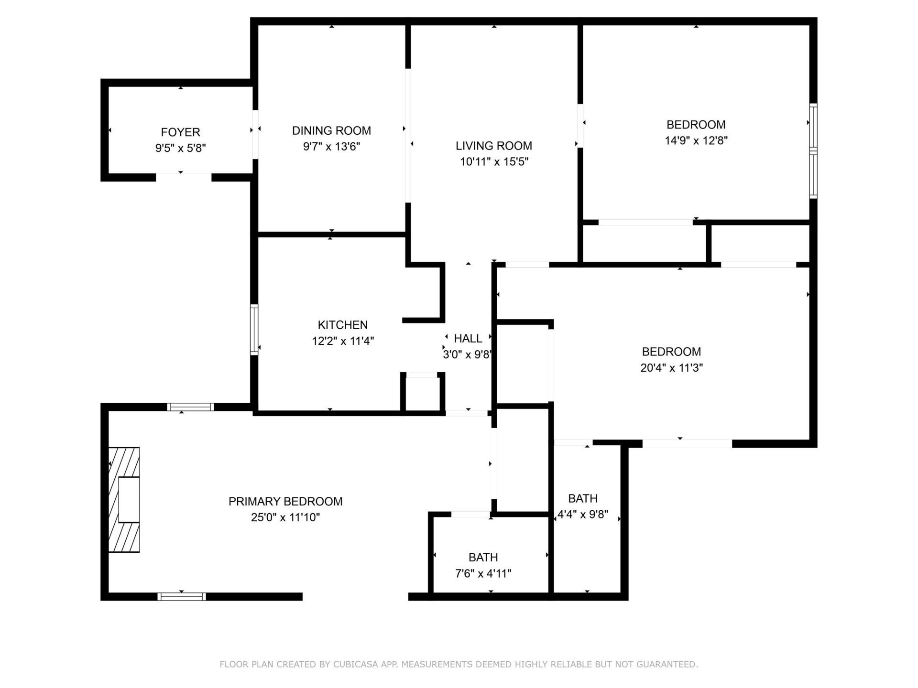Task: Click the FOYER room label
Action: (180, 132)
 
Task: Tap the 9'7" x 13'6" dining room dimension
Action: (331, 147)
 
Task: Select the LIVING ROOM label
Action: (493, 146)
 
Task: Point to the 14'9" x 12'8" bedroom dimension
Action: (696, 140)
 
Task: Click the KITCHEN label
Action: (343, 325)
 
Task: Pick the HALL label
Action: (468, 338)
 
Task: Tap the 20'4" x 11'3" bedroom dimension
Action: (671, 368)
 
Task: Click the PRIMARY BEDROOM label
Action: (285, 501)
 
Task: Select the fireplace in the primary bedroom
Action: (124, 500)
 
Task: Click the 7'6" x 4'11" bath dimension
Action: (483, 573)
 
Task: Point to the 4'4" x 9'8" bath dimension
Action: (582, 515)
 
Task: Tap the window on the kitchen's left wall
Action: (254, 330)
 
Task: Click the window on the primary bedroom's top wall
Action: (190, 407)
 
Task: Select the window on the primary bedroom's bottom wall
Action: (182, 596)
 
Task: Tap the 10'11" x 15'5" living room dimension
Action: (493, 161)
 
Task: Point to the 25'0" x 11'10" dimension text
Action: (285, 517)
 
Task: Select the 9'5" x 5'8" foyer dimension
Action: (180, 148)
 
